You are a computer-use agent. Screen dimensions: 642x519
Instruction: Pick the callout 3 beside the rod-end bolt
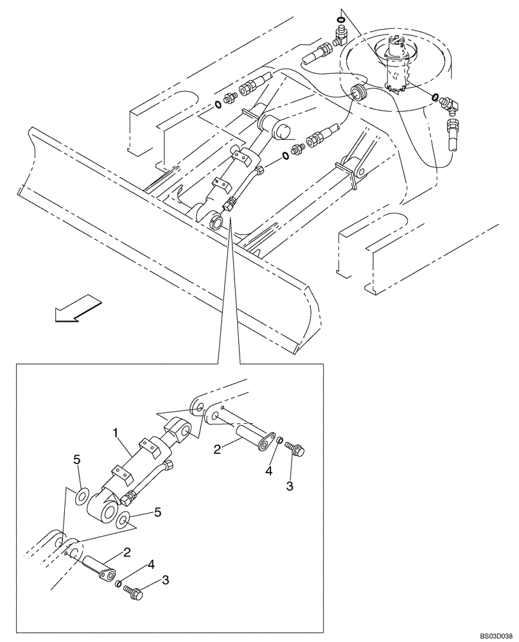(x=290, y=487)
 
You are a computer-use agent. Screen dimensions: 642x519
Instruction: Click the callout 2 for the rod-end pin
(x=218, y=450)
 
